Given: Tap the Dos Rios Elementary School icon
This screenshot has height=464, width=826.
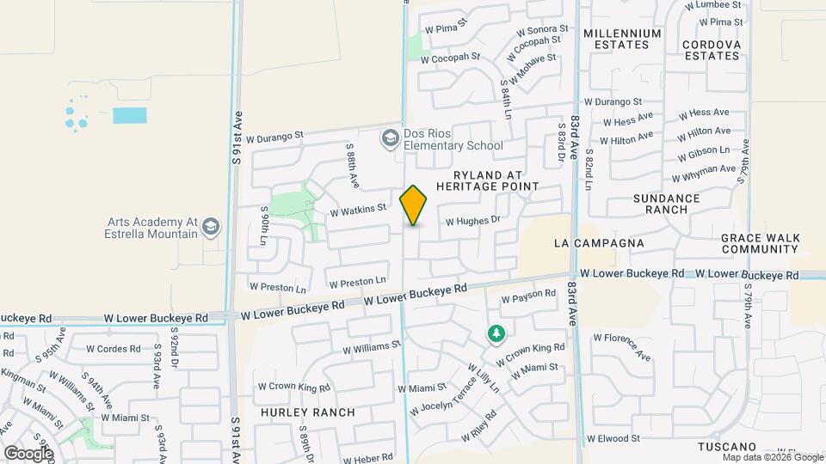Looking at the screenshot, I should [390, 137].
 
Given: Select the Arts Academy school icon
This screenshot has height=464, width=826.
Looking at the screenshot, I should [210, 227].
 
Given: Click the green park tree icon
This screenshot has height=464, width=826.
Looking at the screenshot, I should [496, 333].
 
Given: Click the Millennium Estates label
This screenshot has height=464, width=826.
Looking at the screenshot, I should [622, 39].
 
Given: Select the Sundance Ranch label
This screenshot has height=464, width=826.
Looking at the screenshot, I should [666, 204].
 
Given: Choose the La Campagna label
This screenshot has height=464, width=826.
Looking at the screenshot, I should [599, 243].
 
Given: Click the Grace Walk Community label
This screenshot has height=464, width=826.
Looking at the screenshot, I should [761, 243].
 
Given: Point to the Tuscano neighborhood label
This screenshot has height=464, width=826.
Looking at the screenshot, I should [726, 447].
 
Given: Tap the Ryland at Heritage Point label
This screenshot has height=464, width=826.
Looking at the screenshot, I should [487, 180].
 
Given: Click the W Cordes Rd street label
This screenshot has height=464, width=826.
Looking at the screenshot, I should [114, 349].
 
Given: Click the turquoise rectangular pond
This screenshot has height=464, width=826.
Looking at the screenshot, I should [129, 115].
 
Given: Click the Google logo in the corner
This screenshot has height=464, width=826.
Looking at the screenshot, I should [28, 453].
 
